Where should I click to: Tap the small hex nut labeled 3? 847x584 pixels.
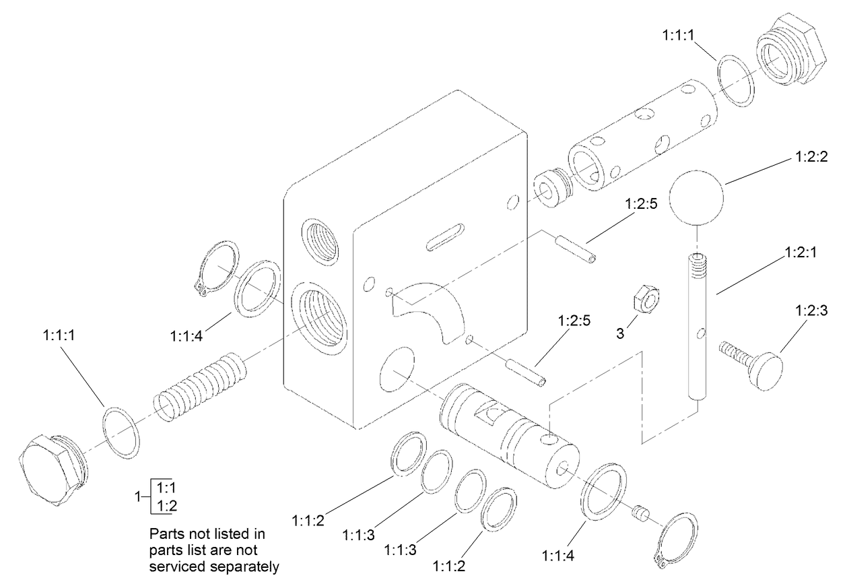(645, 298)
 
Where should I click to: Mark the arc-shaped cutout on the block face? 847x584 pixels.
(431, 313)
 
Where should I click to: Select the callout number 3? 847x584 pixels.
(621, 333)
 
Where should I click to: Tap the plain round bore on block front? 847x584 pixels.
(396, 368)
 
